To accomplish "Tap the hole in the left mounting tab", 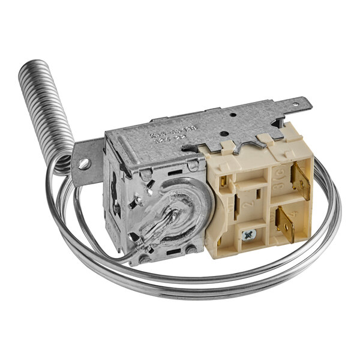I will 83,163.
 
